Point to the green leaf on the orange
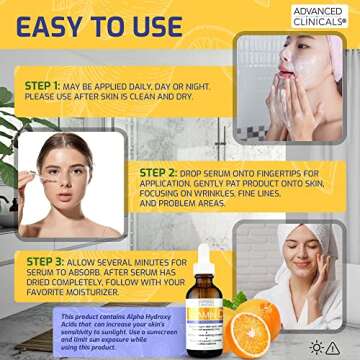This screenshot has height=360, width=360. [x=238, y=298]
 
